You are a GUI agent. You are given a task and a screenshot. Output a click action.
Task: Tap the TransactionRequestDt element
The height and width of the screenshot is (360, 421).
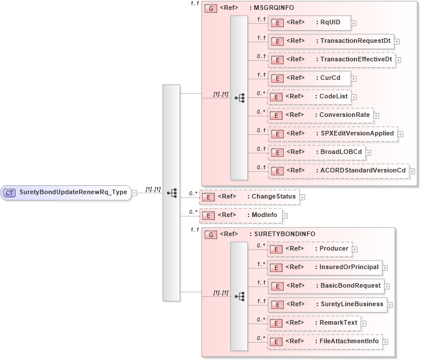click(x=330, y=41)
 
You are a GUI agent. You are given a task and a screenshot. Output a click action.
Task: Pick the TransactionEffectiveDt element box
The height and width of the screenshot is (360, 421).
click(x=331, y=59)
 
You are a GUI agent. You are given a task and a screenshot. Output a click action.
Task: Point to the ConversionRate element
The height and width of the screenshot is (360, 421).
click(x=320, y=115)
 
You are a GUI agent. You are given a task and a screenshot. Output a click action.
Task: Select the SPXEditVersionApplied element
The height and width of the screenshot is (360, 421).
click(x=332, y=133)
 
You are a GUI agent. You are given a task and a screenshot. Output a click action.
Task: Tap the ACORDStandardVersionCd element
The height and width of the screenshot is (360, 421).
click(x=338, y=170)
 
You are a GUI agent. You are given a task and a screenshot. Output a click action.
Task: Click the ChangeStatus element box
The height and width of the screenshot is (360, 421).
click(x=249, y=197)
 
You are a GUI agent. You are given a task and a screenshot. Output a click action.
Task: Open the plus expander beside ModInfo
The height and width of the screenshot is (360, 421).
click(x=285, y=216)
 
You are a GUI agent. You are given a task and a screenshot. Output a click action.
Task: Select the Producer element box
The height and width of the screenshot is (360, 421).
click(x=313, y=249)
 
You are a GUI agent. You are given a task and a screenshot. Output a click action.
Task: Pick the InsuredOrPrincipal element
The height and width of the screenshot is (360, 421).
click(x=325, y=267)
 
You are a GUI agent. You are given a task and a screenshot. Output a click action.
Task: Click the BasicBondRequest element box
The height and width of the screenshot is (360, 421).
click(x=326, y=285)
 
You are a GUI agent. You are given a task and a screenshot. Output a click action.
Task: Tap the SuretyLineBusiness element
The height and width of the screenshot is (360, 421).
click(x=327, y=304)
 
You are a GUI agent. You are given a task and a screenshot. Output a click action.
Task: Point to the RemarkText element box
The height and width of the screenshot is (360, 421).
click(x=316, y=322)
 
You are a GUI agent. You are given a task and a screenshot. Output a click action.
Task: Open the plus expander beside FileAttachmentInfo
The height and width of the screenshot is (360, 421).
click(x=386, y=341)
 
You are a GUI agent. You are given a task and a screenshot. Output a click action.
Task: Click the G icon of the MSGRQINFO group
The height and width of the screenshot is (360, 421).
click(x=212, y=9)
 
